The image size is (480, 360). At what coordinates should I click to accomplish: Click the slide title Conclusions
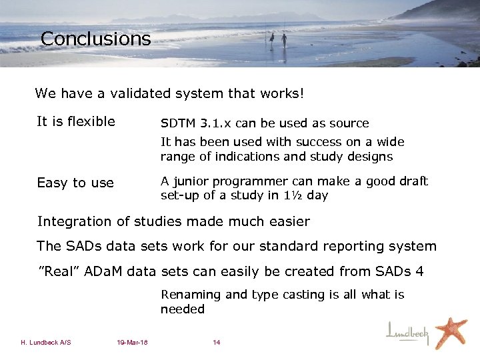pyautogui.click(x=95, y=39)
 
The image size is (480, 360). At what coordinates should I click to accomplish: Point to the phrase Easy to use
pyautogui.click(x=75, y=183)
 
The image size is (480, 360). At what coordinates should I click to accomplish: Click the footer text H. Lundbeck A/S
pyautogui.click(x=46, y=343)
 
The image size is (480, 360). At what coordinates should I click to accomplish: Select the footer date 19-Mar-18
pyautogui.click(x=132, y=343)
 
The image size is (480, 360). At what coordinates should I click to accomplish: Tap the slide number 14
pyautogui.click(x=216, y=343)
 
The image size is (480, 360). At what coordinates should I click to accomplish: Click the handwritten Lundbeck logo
pyautogui.click(x=408, y=331)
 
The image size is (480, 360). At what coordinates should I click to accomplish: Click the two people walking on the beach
pyautogui.click(x=277, y=40)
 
